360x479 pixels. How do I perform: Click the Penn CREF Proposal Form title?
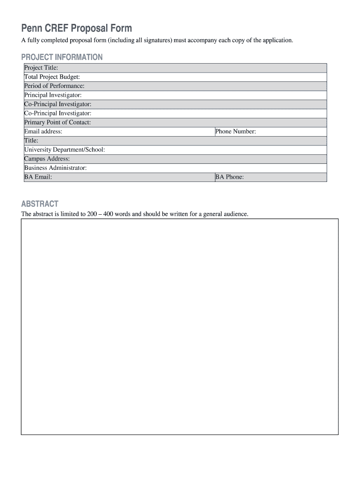[76, 29]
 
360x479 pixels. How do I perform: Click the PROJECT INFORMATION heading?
[62, 57]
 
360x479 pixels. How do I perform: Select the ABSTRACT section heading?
[40, 204]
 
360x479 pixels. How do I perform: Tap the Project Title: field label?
[41, 68]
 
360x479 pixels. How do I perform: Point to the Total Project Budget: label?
[52, 77]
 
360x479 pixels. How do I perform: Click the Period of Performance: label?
[54, 86]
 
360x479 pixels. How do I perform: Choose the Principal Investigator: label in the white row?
[53, 95]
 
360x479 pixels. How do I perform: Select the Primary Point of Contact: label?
[58, 122]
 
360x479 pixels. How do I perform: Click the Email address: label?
[43, 131]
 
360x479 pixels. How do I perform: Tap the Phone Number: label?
[236, 131]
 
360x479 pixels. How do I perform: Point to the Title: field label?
[31, 140]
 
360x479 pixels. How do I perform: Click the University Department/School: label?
[65, 150]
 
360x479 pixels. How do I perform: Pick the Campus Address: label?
[47, 159]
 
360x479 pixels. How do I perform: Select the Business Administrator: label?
[56, 167]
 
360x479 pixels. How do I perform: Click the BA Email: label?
[38, 177]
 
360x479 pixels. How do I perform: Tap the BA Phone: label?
[230, 177]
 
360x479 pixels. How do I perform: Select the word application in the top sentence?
[278, 41]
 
